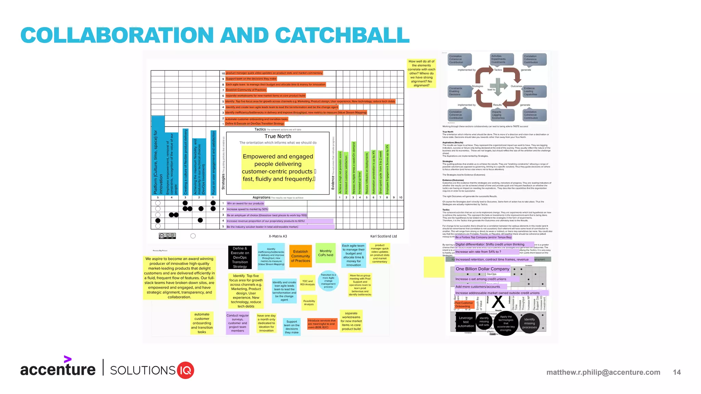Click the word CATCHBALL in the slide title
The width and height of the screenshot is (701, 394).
pos(342,35)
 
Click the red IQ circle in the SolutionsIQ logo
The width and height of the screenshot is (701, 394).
pos(186,370)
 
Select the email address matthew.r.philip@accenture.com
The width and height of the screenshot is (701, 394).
pos(603,372)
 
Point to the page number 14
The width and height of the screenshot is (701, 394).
pos(677,372)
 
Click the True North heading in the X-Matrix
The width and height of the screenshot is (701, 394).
pos(278,136)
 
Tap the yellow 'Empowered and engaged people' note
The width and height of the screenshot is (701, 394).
pos(278,168)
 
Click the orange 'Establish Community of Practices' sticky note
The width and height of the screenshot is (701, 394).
pos(301,256)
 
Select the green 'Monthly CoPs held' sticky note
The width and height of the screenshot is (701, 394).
pos(326,253)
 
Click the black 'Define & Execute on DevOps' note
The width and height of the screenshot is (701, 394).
pos(240,257)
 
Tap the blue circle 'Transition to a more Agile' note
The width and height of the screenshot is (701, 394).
pos(328,280)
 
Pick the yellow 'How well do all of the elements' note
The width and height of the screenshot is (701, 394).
pos(421,73)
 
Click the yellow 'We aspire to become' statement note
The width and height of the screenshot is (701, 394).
pos(179,278)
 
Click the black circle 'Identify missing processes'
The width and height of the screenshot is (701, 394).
pos(529,324)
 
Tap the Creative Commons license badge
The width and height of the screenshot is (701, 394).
pos(167,236)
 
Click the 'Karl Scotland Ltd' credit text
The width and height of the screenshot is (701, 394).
pos(383,236)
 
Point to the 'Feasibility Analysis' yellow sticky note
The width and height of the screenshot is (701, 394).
pos(309,303)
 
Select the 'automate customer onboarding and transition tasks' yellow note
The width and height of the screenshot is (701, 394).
pos(202,323)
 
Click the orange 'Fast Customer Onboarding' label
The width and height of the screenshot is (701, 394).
pos(464,304)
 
